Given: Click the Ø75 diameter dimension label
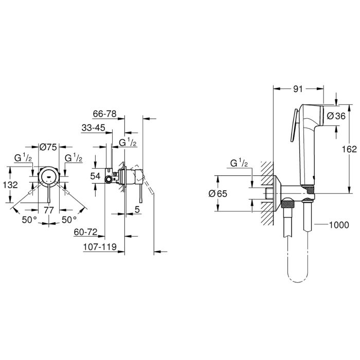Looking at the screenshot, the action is tap(48, 147).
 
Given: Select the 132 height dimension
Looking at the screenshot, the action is tap(10, 185).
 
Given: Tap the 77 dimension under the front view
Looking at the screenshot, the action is tap(49, 210).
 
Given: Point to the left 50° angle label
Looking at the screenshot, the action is tap(29, 220).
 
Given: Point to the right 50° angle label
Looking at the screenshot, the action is tap(69, 220).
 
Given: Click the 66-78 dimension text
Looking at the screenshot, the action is tap(105, 114).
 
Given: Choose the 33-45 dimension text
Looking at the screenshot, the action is tap(93, 128).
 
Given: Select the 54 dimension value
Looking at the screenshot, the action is tap(95, 176).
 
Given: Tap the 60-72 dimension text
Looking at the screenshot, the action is tap(86, 232).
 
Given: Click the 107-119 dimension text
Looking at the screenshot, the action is tap(100, 247).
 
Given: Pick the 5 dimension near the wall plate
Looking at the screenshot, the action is tap(137, 209).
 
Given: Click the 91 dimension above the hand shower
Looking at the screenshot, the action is tap(298, 89).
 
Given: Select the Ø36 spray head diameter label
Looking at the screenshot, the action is tap(336, 116).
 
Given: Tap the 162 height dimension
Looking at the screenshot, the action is tap(349, 149).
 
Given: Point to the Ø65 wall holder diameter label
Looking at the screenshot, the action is tap(218, 194).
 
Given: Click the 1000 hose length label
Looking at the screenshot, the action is tap(339, 225).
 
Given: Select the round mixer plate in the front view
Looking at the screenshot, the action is tap(49, 176).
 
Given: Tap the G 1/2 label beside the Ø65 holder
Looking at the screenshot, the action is tap(239, 163).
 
